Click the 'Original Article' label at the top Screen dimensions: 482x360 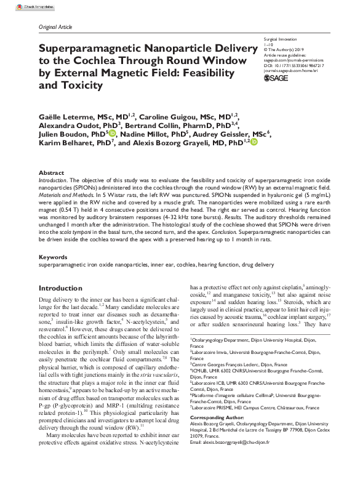(55, 28)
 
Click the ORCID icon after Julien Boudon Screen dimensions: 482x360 (112, 132)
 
